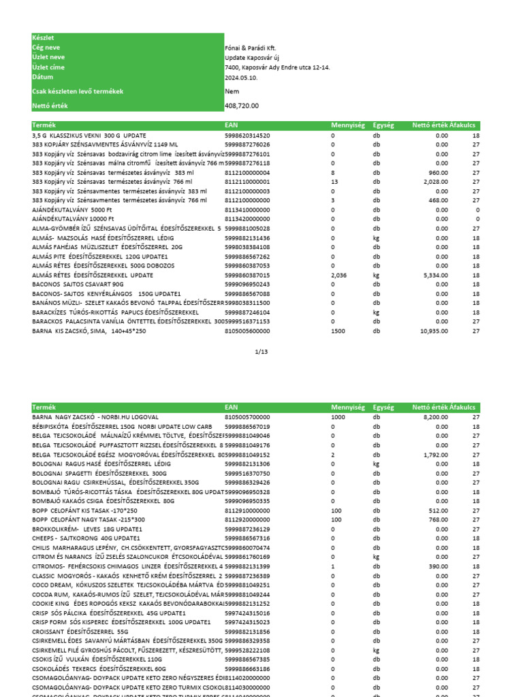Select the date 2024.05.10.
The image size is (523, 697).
coord(240,77)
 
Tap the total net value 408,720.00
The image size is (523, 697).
coord(242,106)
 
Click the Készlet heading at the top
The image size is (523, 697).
coord(43,38)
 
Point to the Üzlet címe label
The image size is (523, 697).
coord(48,67)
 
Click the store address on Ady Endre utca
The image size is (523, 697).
coord(277,67)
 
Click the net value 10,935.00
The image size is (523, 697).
coord(434,331)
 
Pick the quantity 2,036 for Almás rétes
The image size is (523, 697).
coord(339,275)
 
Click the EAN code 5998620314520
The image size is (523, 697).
coord(247,135)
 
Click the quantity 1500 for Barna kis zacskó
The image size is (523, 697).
coord(338,331)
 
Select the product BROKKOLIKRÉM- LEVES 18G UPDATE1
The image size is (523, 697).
coord(87,529)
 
